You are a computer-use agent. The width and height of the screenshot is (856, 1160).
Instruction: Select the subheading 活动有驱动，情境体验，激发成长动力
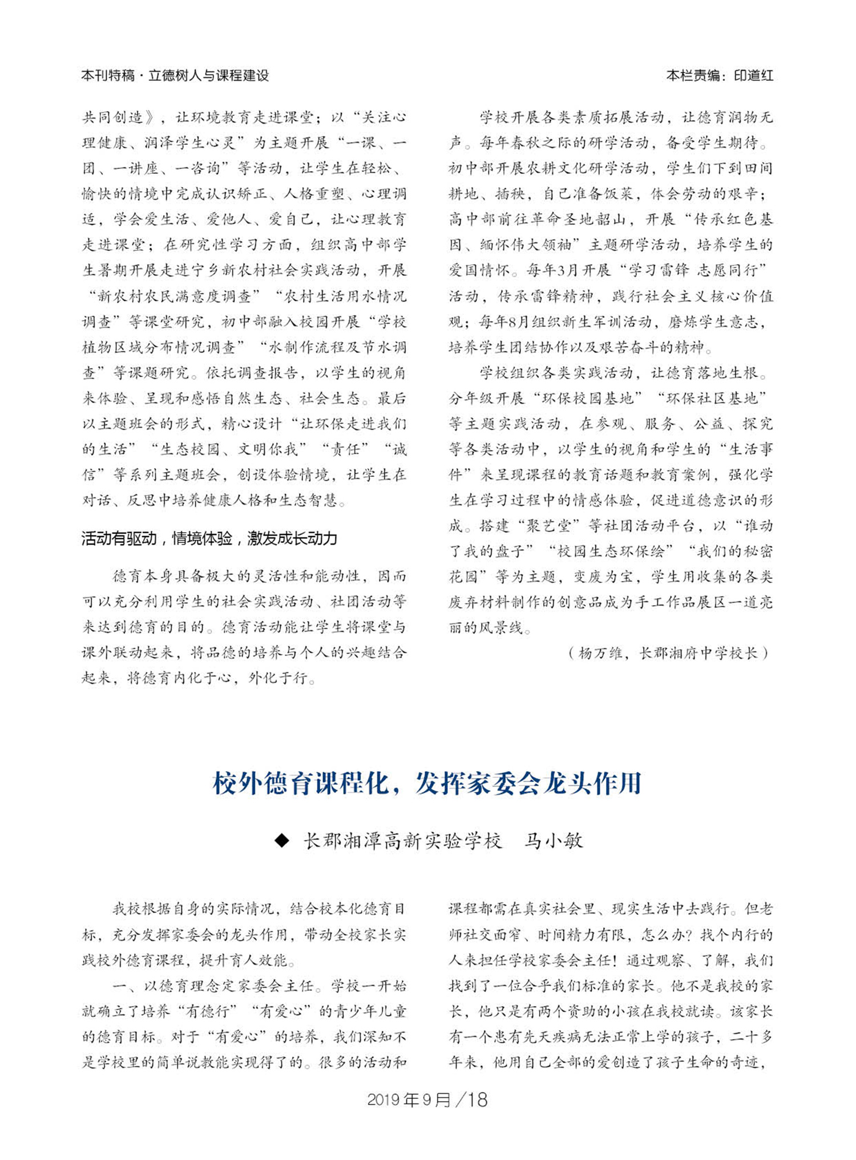(x=209, y=538)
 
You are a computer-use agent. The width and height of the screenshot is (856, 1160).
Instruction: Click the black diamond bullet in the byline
(x=282, y=840)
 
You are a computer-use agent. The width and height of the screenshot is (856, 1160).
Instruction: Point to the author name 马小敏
(x=554, y=841)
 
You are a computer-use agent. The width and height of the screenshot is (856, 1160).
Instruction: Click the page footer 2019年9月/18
(x=427, y=1100)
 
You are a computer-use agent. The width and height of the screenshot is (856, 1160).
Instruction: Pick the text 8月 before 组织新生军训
(x=515, y=322)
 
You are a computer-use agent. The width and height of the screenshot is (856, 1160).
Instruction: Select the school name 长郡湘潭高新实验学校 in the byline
(x=402, y=841)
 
